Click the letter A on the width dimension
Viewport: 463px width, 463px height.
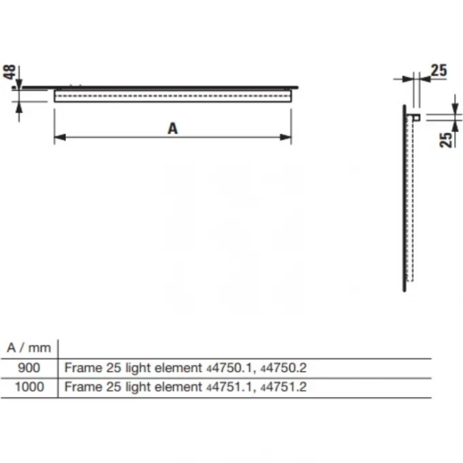[172, 127]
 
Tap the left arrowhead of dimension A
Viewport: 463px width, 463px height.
[59, 138]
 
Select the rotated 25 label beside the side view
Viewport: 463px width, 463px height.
[446, 139]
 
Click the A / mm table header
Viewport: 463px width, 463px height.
[29, 348]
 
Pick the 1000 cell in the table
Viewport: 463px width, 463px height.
[29, 387]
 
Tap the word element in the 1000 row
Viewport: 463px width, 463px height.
[179, 387]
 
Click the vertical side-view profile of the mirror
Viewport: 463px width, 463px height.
[404, 197]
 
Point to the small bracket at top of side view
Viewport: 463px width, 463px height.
[415, 117]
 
